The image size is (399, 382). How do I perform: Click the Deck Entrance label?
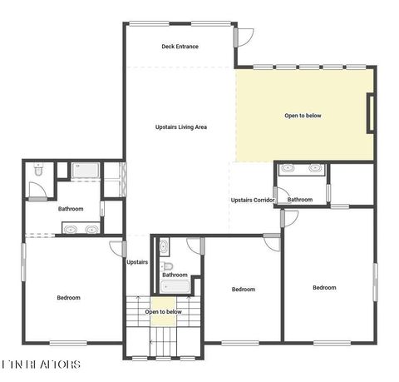tap(180, 47)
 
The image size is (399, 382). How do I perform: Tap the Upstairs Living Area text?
tap(181, 127)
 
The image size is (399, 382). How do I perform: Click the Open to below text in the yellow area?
tap(303, 116)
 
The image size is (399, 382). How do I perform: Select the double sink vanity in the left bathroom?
tap(80, 228)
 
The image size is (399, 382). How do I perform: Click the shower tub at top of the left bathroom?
tap(86, 171)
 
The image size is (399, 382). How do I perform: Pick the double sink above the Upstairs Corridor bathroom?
tap(301, 169)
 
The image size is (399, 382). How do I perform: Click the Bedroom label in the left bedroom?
tap(68, 297)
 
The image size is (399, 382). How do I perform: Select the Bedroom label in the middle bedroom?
tap(243, 290)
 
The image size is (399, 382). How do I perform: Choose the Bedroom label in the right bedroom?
tap(324, 288)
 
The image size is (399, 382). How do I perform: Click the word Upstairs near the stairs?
tap(137, 262)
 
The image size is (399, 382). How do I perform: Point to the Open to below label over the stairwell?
tap(163, 312)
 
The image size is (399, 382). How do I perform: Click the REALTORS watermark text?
tap(41, 364)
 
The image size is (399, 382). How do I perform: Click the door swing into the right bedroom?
tap(289, 218)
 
